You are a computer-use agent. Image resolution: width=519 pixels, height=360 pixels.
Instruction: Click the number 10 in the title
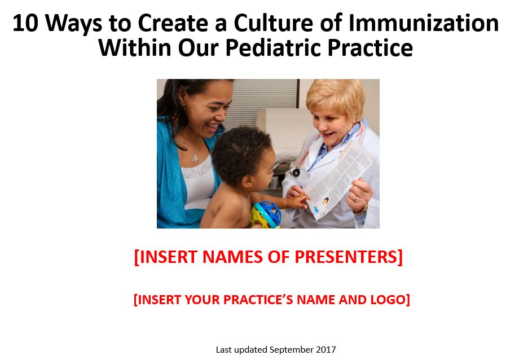pos(25,23)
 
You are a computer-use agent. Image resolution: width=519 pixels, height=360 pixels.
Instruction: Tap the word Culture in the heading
pos(273,23)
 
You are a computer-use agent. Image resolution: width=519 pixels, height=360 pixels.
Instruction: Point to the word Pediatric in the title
pos(274,48)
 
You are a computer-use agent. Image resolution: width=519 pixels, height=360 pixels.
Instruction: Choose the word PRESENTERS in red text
pos(349,257)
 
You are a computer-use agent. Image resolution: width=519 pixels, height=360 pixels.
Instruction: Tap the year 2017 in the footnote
pos(326,350)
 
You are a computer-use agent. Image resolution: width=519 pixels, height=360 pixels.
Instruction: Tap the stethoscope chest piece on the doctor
pos(295,172)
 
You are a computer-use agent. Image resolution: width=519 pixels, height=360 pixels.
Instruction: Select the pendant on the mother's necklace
pos(196,159)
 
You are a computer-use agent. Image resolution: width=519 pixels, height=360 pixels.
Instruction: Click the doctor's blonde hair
pos(335,95)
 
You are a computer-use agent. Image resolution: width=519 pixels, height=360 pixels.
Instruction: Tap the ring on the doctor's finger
pos(355,199)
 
